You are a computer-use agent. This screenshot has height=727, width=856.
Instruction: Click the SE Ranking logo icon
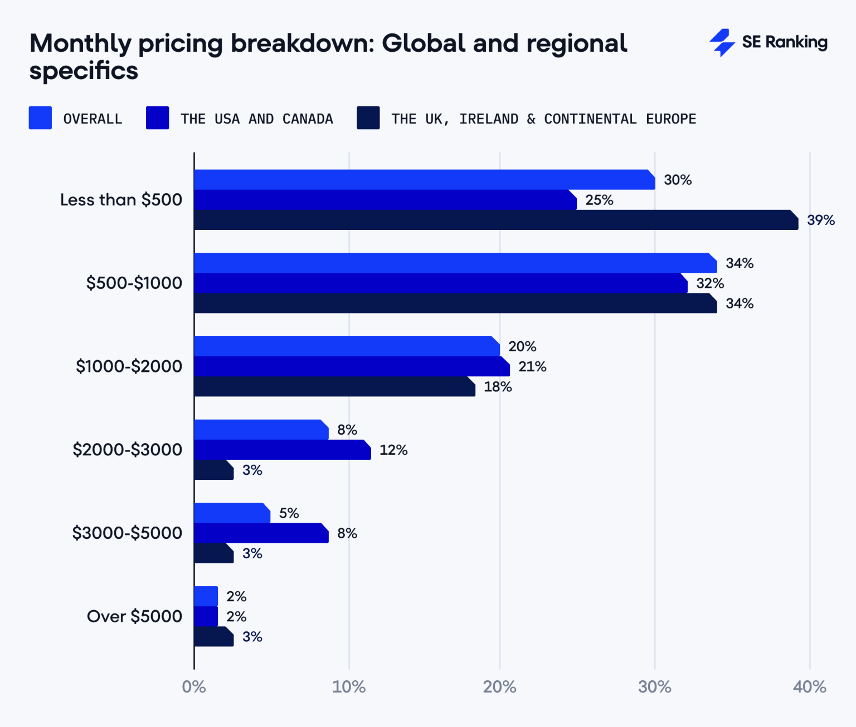pyautogui.click(x=722, y=42)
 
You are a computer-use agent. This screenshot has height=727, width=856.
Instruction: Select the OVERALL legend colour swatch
pyautogui.click(x=40, y=118)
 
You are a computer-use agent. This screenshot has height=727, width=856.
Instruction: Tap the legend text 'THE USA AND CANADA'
pyautogui.click(x=256, y=119)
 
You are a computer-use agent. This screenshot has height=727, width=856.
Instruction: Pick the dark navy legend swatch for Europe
pyautogui.click(x=368, y=118)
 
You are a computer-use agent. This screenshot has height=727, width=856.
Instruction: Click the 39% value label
pyautogui.click(x=820, y=220)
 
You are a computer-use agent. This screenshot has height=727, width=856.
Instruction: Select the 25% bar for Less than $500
pyautogui.click(x=385, y=200)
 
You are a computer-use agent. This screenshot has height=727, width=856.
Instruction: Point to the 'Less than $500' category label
pyautogui.click(x=121, y=200)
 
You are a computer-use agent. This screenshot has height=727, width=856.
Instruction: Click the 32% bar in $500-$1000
pyautogui.click(x=440, y=283)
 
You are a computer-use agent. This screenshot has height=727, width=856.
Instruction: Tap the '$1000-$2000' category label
pyautogui.click(x=129, y=366)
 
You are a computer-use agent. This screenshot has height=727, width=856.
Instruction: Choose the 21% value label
pyautogui.click(x=532, y=367)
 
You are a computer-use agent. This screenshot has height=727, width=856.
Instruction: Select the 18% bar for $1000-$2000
pyautogui.click(x=334, y=387)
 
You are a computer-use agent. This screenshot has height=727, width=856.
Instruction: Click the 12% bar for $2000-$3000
pyautogui.click(x=282, y=450)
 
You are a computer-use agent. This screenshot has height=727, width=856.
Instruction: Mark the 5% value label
pyautogui.click(x=289, y=513)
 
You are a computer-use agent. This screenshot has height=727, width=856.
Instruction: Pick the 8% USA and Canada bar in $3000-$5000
pyautogui.click(x=261, y=533)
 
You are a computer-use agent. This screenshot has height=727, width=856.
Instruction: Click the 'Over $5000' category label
pyautogui.click(x=134, y=616)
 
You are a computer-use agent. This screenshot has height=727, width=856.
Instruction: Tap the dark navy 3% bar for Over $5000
pyautogui.click(x=213, y=637)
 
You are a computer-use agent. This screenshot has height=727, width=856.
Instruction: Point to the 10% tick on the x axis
pyautogui.click(x=349, y=687)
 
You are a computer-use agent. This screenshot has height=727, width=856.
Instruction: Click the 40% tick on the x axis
pyautogui.click(x=809, y=687)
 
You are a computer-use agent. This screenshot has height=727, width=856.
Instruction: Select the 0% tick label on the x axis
pyautogui.click(x=194, y=687)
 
